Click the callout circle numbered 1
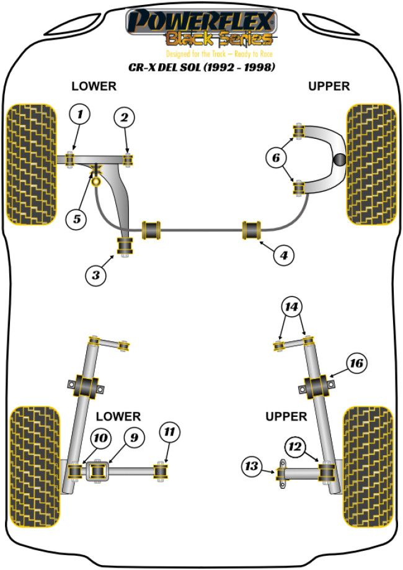pyautogui.click(x=79, y=114)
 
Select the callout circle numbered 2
pyautogui.click(x=124, y=117)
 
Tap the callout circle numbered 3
pyautogui.click(x=95, y=275)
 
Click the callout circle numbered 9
pyautogui.click(x=133, y=438)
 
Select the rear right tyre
pyautogui.click(x=368, y=465)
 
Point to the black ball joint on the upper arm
pyautogui.click(x=340, y=159)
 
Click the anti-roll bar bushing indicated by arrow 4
pyautogui.click(x=252, y=229)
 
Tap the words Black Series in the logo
pyautogui.click(x=218, y=40)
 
